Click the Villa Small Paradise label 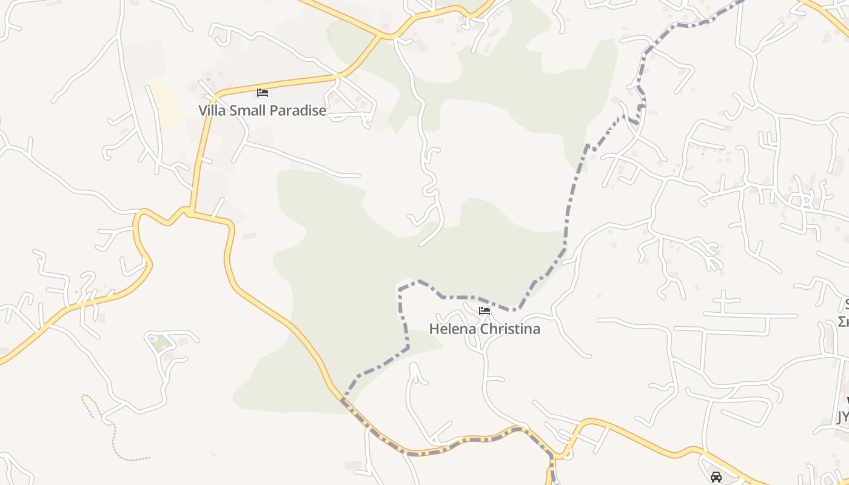pyautogui.click(x=262, y=110)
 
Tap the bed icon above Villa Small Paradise pyautogui.click(x=263, y=93)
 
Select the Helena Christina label pyautogui.click(x=484, y=329)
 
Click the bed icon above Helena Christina pyautogui.click(x=485, y=311)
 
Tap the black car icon pyautogui.click(x=716, y=477)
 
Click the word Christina pyautogui.click(x=511, y=329)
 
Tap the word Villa pyautogui.click(x=211, y=110)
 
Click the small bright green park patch pyautogui.click(x=161, y=344)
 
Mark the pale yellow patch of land pyautogui.click(x=166, y=104)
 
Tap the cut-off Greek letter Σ pyautogui.click(x=844, y=321)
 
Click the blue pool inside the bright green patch pyautogui.click(x=152, y=339)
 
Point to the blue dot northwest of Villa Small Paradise pyautogui.click(x=208, y=79)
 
